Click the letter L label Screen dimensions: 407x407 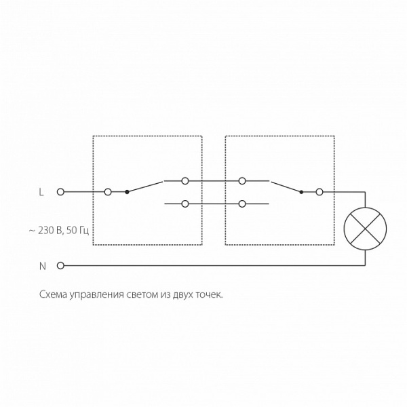41,192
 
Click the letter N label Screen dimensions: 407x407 42,266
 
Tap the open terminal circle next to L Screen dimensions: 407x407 60,192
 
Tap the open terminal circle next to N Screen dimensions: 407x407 60,266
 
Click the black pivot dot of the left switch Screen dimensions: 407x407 127,192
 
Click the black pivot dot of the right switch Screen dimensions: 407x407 301,192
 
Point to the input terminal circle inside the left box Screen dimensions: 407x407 108,192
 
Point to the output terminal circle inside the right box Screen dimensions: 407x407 319,192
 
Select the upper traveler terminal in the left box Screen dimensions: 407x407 185,181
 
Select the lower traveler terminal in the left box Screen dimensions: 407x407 185,204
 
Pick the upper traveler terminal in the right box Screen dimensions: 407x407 242,181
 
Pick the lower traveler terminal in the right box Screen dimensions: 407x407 242,204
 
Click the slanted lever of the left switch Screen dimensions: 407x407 145,187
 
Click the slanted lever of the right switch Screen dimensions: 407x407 286,187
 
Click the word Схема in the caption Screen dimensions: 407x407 53,295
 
